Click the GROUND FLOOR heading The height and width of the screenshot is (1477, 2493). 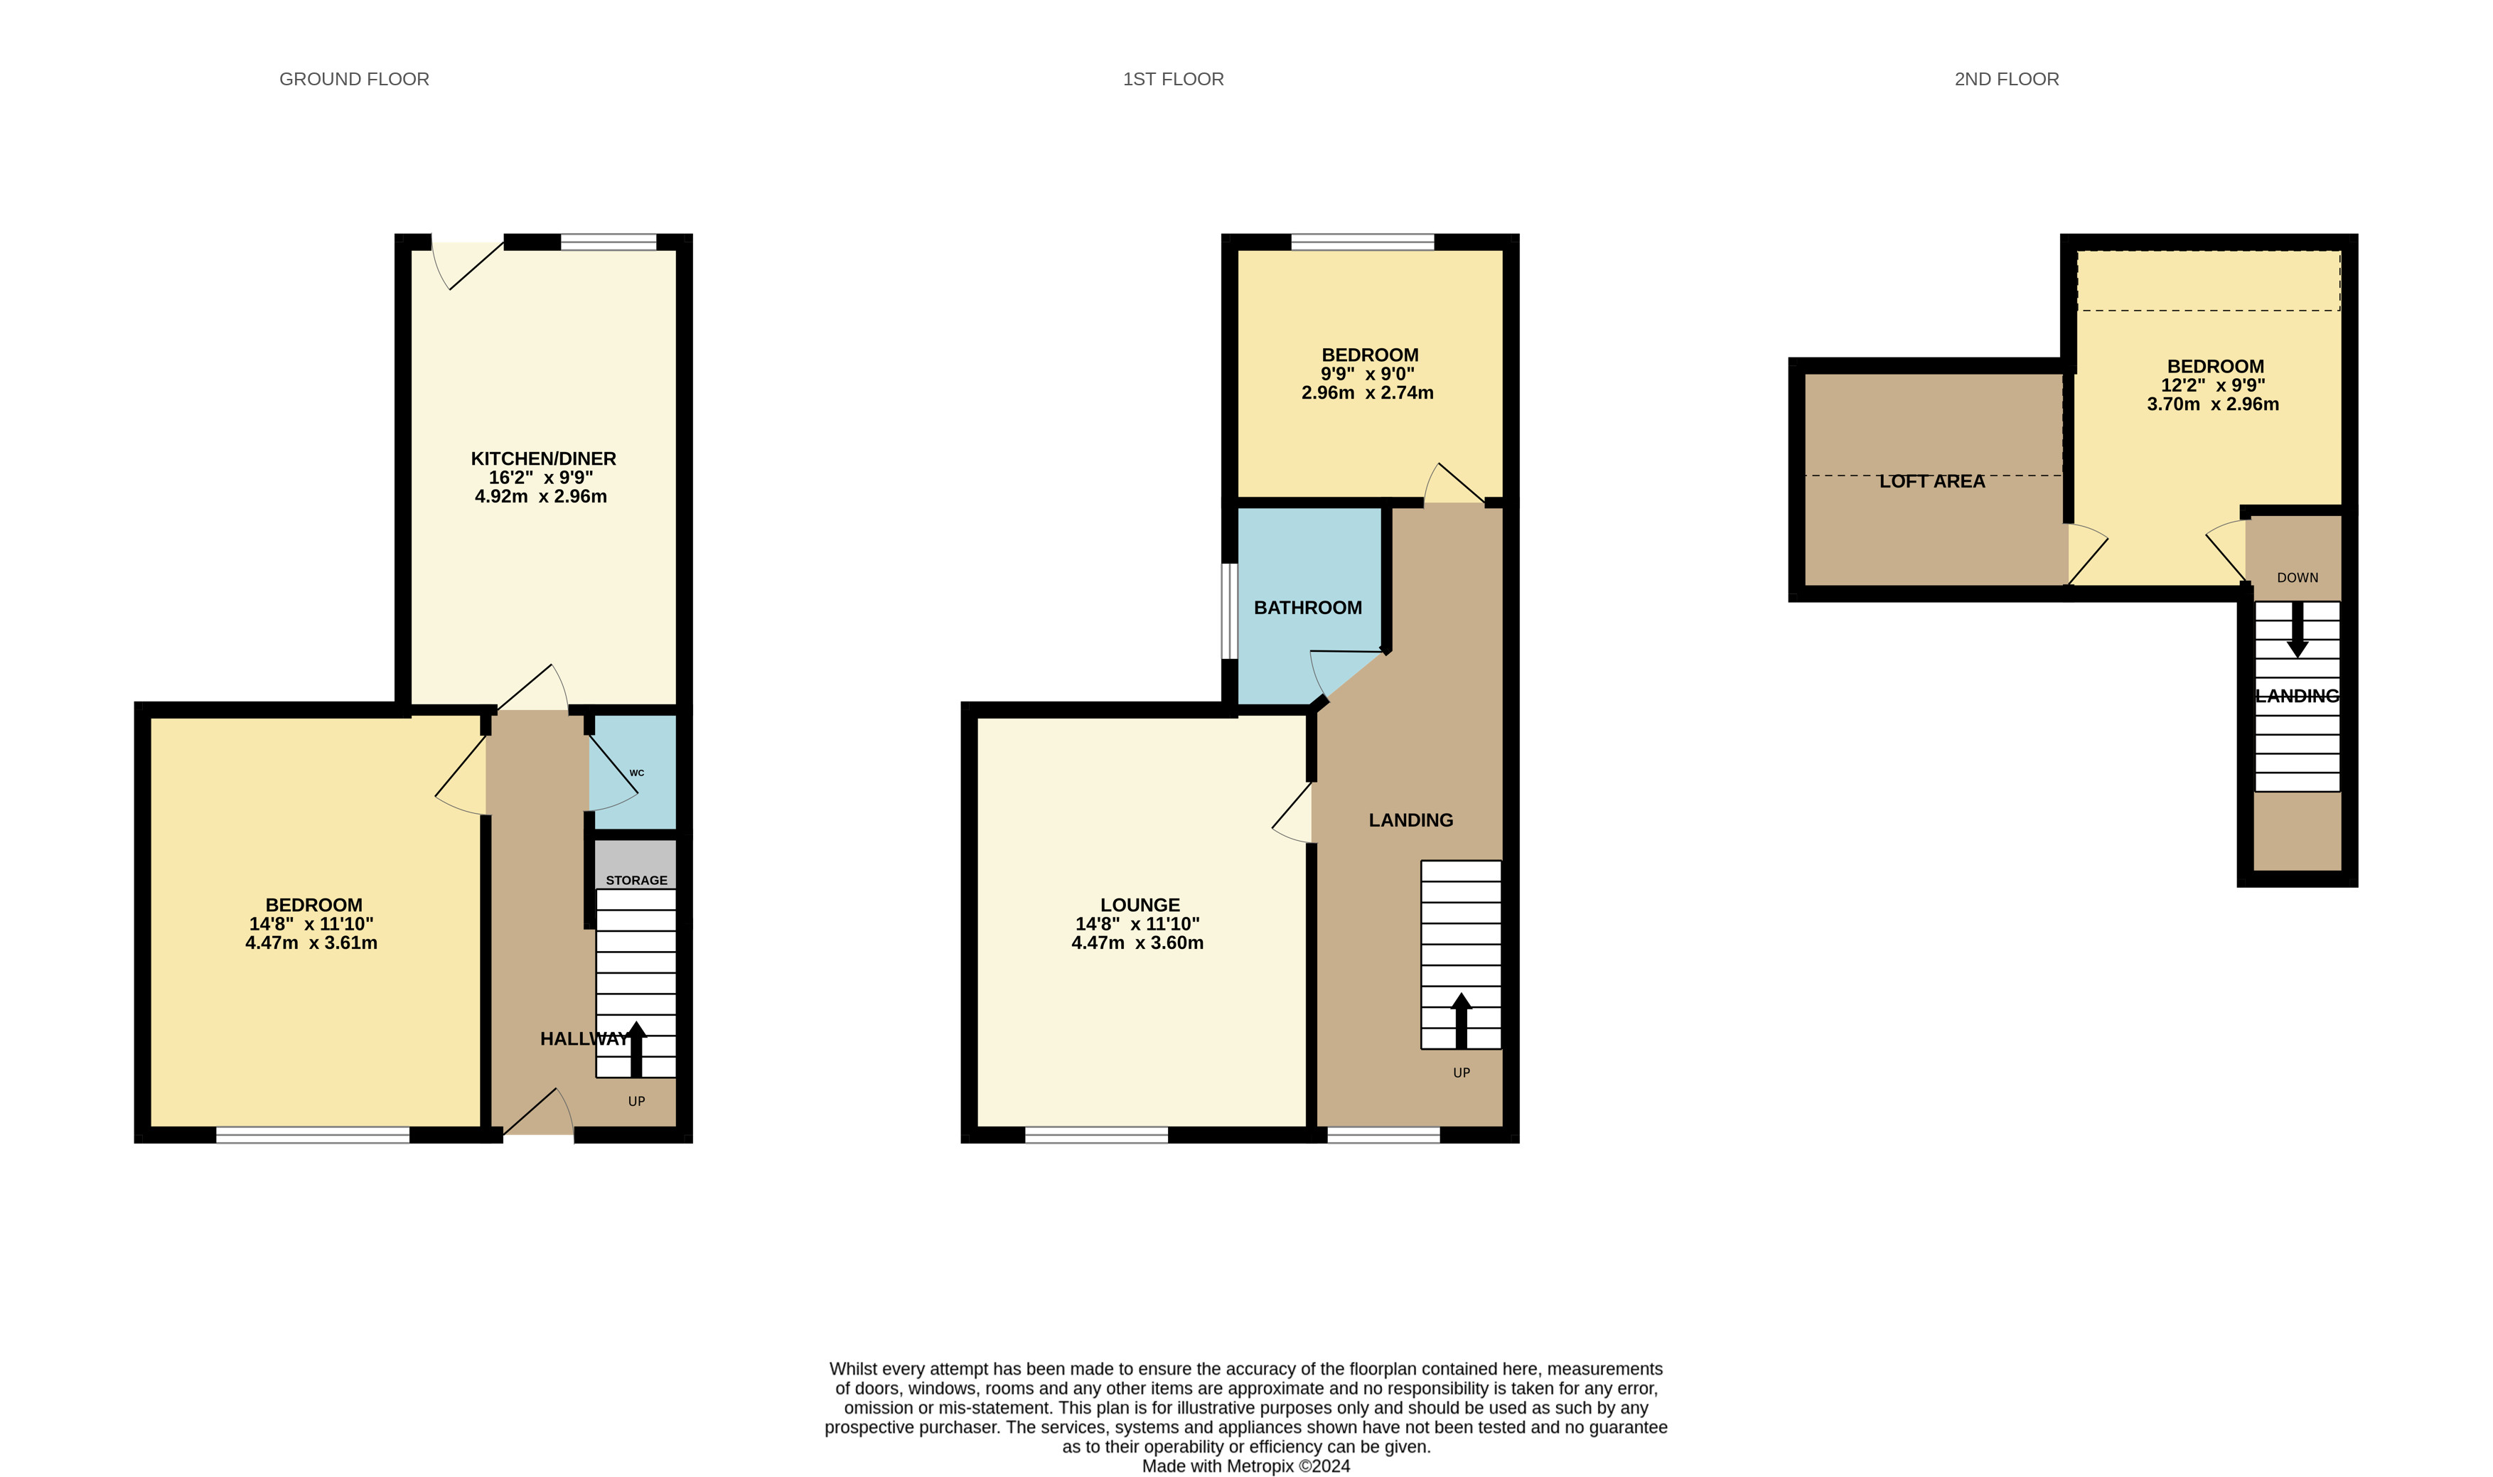pyautogui.click(x=354, y=80)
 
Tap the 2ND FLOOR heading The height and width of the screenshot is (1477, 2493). pyautogui.click(x=2006, y=80)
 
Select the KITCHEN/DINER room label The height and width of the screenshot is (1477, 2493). pyautogui.click(x=543, y=459)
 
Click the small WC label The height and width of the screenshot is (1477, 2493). pyautogui.click(x=637, y=773)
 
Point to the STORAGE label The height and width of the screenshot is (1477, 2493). pyautogui.click(x=637, y=881)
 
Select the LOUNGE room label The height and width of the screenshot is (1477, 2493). pyautogui.click(x=1140, y=905)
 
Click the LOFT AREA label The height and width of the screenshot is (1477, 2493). pyautogui.click(x=1931, y=482)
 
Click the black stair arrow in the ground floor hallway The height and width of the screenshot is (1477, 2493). pyautogui.click(x=636, y=1049)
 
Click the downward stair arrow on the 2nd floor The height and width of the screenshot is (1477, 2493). pyautogui.click(x=2297, y=629)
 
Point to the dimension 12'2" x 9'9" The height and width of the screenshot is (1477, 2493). pyautogui.click(x=2214, y=385)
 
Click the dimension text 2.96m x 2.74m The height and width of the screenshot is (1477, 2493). pyautogui.click(x=1368, y=393)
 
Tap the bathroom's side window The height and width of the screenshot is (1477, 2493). pyautogui.click(x=1229, y=611)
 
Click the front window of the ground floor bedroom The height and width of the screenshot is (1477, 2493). pyautogui.click(x=313, y=1134)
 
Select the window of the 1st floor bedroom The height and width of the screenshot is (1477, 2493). pyautogui.click(x=1363, y=242)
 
